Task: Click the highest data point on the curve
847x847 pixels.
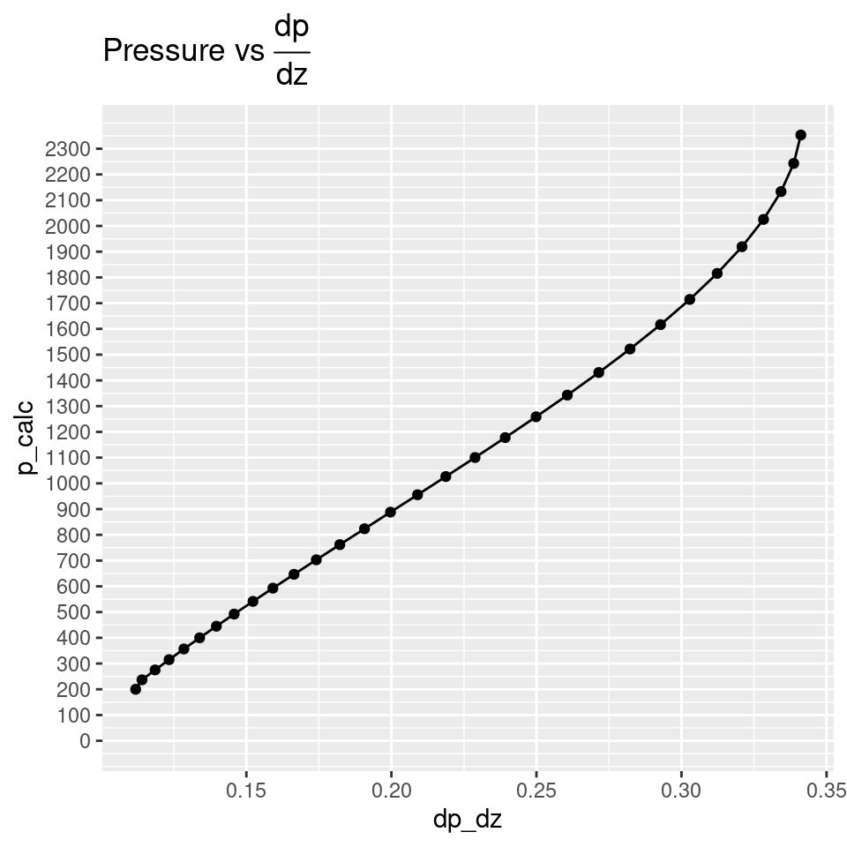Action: coord(800,135)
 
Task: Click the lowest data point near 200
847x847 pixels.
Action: coord(136,689)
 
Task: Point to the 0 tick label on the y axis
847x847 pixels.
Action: coord(85,741)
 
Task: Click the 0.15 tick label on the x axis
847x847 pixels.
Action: coord(246,787)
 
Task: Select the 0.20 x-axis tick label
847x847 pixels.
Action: coord(391,787)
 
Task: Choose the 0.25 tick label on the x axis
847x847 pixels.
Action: coord(536,787)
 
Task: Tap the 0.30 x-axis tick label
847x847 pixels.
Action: coord(682,787)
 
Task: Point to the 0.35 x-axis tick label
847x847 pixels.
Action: coord(827,787)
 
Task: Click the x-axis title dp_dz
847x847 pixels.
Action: coord(468,820)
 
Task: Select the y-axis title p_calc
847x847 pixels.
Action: coord(28,437)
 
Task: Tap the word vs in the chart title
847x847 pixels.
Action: coord(247,51)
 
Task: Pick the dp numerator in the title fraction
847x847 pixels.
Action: coord(292,27)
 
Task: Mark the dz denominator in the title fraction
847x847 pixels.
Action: coord(292,75)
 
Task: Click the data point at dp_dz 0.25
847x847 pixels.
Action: coord(536,416)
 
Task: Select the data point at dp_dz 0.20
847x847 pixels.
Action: coord(390,512)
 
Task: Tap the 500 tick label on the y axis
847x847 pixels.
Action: coord(72,612)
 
